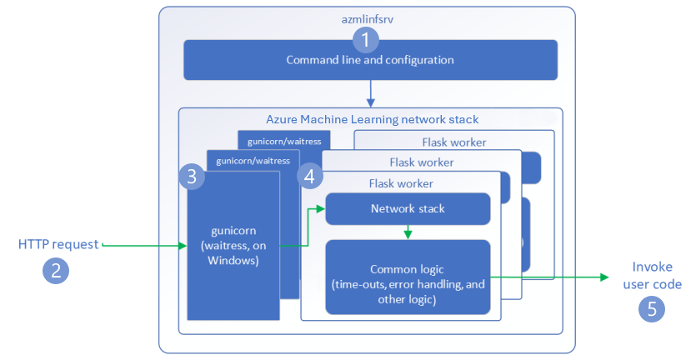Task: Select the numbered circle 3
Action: (x=192, y=177)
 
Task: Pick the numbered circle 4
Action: (x=310, y=177)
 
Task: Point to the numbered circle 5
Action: (x=651, y=309)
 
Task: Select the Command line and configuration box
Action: (x=370, y=61)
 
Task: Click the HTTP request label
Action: (x=58, y=244)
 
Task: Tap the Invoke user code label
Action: (x=656, y=276)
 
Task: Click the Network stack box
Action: (x=408, y=208)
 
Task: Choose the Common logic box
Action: (x=408, y=277)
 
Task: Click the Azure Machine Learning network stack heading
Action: (x=372, y=120)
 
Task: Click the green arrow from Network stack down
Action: (x=407, y=232)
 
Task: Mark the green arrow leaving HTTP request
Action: (x=142, y=245)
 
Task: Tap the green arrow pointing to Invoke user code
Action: (x=550, y=277)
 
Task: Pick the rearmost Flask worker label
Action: (x=453, y=142)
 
